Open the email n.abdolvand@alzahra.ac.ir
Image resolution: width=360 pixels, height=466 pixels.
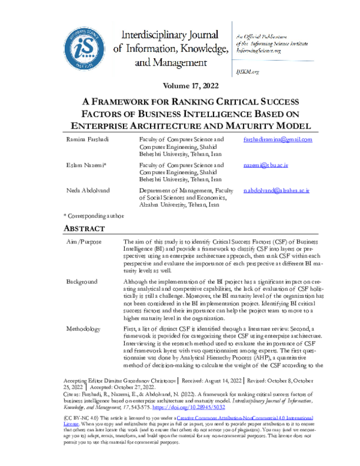276,189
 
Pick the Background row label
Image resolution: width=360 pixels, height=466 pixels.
82,282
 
